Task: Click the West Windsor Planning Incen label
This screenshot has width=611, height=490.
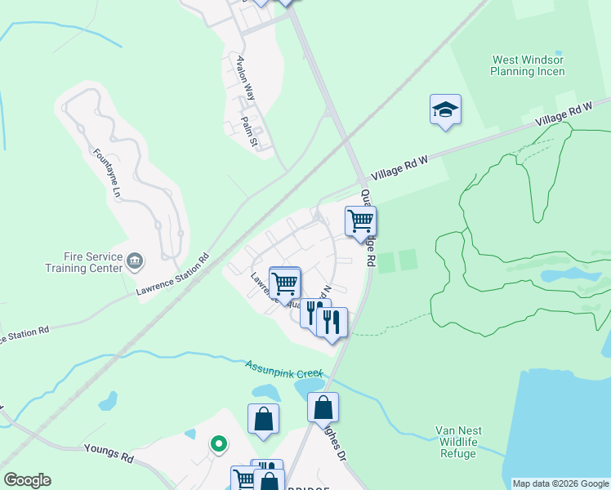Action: [528, 65]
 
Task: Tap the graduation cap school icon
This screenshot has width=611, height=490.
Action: [445, 109]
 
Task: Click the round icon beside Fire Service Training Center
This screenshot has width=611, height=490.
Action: [136, 261]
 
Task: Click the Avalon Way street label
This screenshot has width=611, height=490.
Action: [243, 76]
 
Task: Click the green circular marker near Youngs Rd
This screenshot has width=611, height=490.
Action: [218, 443]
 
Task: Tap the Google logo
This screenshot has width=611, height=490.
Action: [27, 480]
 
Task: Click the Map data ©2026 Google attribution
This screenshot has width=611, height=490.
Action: [560, 483]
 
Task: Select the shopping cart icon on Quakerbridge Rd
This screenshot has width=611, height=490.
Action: [360, 220]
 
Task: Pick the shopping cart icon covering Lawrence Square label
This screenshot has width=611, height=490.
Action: [285, 283]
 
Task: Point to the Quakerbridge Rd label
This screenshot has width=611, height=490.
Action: [368, 229]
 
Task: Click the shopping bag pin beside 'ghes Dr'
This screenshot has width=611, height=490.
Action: [323, 407]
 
